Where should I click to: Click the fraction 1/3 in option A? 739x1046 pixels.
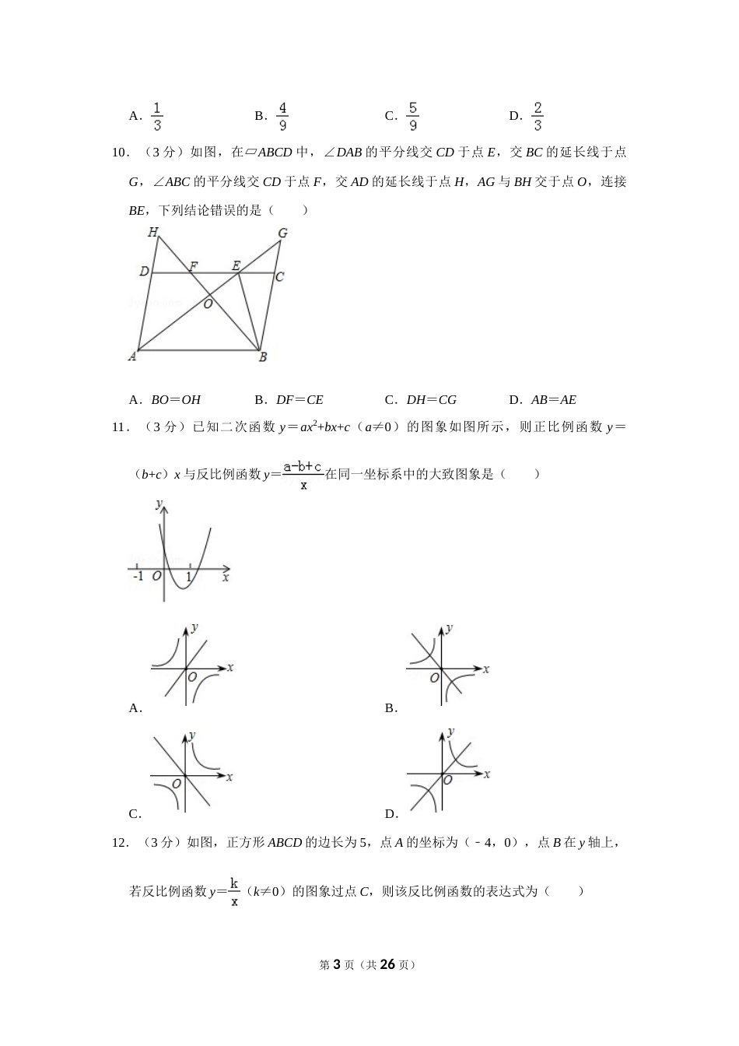pos(157,116)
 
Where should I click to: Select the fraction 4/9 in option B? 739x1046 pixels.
pos(282,116)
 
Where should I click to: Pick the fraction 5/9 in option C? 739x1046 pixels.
pos(413,116)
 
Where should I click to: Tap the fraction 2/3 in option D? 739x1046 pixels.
pos(538,116)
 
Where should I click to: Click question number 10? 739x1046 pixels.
pos(121,153)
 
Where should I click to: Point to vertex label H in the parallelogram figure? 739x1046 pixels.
pos(153,232)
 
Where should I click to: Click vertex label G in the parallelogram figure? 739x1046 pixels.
pos(282,233)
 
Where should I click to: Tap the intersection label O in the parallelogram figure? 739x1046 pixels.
pos(208,304)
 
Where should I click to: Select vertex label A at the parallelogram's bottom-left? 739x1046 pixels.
pos(132,356)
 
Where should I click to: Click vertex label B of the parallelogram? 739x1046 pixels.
pos(263,357)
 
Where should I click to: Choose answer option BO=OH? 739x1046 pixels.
pos(175,400)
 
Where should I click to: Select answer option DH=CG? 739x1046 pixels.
pos(431,400)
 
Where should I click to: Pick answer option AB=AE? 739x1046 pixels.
pos(553,400)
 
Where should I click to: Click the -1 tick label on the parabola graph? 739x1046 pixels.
pos(138,577)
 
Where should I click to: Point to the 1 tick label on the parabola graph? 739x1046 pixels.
pos(188,577)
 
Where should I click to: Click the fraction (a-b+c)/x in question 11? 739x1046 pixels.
pos(303,475)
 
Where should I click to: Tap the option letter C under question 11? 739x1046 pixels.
pos(134,814)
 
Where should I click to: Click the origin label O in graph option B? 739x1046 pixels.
pos(435,678)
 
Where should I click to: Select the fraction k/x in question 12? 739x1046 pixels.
pos(234,892)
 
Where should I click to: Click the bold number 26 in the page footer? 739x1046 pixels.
pos(388,964)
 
